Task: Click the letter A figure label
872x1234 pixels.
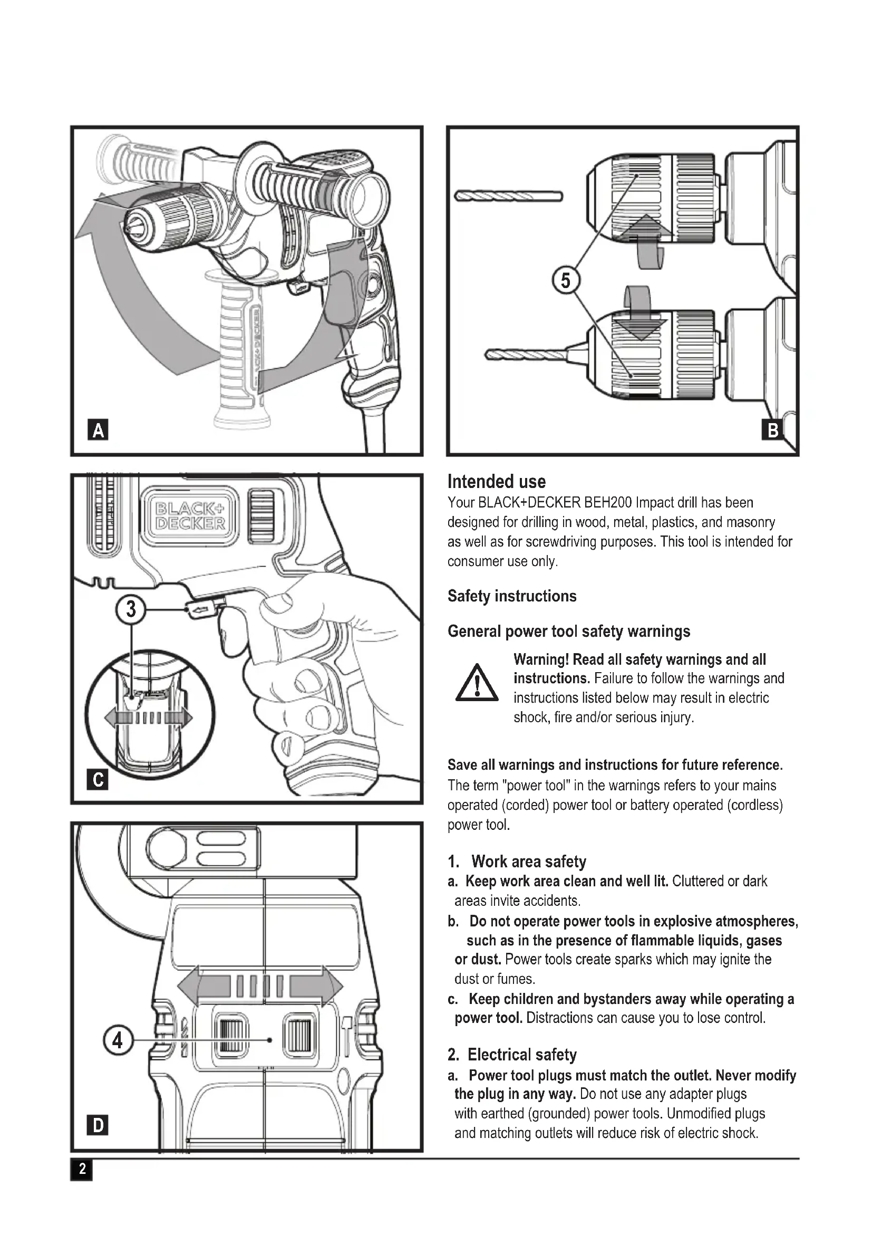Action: click(98, 430)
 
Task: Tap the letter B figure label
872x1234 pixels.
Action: click(773, 430)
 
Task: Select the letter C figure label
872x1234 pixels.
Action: click(98, 779)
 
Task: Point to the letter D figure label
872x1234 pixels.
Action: click(98, 1125)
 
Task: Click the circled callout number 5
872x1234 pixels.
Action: click(565, 281)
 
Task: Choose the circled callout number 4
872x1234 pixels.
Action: click(118, 1040)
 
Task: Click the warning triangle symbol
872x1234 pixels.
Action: click(476, 684)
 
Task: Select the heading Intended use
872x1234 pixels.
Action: click(496, 481)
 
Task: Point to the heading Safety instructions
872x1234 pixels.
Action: click(512, 596)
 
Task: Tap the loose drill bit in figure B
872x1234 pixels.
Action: click(508, 196)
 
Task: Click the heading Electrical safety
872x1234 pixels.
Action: click(521, 1055)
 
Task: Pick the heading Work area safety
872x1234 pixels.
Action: click(528, 862)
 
